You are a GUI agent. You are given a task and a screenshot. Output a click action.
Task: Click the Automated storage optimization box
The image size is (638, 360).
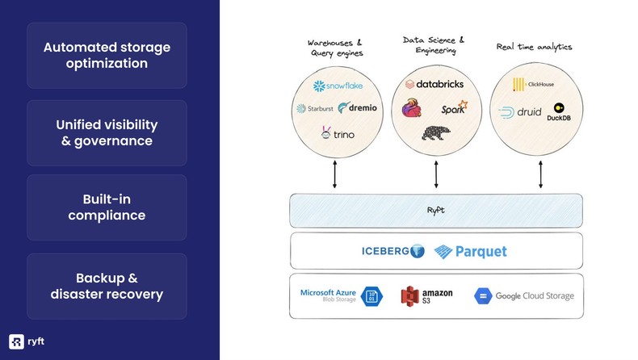[x=107, y=55]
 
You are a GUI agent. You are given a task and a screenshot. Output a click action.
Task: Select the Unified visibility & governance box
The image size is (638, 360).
[x=107, y=133]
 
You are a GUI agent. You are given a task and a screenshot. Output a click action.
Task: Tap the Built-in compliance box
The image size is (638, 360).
[x=107, y=207]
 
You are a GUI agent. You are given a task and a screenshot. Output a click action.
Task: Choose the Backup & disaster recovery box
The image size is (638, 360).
[x=107, y=286]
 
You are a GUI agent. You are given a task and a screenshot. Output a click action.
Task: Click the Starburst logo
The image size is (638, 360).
[x=313, y=109]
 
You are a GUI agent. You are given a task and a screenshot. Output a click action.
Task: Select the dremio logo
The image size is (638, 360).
[x=358, y=108]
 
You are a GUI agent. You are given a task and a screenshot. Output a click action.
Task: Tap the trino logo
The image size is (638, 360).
[x=338, y=133]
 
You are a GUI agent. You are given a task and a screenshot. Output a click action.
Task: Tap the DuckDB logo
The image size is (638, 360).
[x=559, y=112]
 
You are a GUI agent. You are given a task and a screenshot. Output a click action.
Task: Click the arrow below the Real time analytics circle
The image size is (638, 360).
[x=539, y=174]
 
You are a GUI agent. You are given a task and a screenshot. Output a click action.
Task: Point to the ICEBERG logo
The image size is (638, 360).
[x=392, y=251]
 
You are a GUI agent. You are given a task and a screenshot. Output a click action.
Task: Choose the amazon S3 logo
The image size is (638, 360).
[x=427, y=295]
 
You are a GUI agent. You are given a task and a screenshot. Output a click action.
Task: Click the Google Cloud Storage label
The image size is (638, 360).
[x=534, y=296]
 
